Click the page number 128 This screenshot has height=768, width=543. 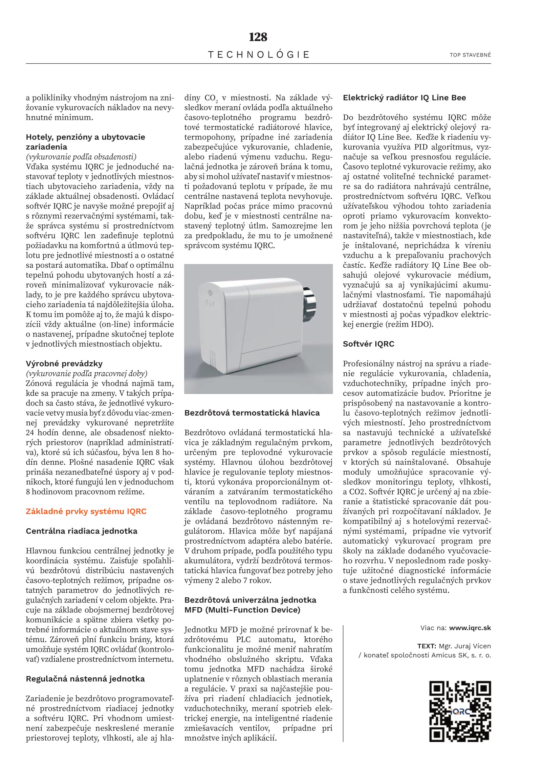(258, 37)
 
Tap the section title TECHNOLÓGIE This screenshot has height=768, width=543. (259, 55)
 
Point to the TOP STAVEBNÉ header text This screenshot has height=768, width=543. (470, 55)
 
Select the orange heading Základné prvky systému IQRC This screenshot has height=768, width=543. (86, 512)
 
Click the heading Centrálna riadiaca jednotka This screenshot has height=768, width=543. (82, 531)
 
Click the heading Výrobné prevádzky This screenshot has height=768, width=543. (64, 363)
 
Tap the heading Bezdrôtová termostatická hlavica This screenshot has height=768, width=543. (252, 413)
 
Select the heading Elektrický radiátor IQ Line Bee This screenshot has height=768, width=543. (404, 98)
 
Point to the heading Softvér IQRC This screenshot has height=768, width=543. (368, 344)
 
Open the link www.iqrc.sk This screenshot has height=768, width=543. (470, 628)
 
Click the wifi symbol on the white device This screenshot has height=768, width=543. (210, 293)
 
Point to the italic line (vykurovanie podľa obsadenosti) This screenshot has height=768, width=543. (81, 157)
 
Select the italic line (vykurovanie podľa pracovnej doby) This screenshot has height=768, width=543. (86, 374)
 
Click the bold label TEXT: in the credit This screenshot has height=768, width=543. (427, 646)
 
